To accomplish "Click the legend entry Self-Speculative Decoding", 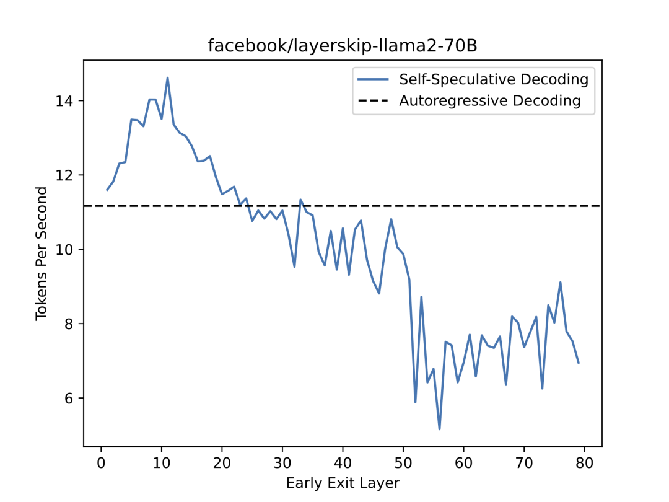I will (x=493, y=79).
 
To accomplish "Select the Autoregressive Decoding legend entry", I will (x=489, y=100).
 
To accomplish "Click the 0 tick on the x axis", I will (x=101, y=462).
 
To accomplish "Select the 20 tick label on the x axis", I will (x=222, y=462).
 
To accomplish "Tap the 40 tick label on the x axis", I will (x=343, y=462).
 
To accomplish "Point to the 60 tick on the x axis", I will (x=463, y=462).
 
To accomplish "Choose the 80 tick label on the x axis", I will (x=584, y=462).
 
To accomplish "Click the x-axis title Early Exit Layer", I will (x=343, y=483).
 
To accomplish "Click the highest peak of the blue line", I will (x=167, y=77).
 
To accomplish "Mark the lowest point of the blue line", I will (x=439, y=429).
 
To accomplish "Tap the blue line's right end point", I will (x=579, y=363).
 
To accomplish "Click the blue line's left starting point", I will (x=107, y=190).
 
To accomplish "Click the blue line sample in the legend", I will (x=373, y=80).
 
